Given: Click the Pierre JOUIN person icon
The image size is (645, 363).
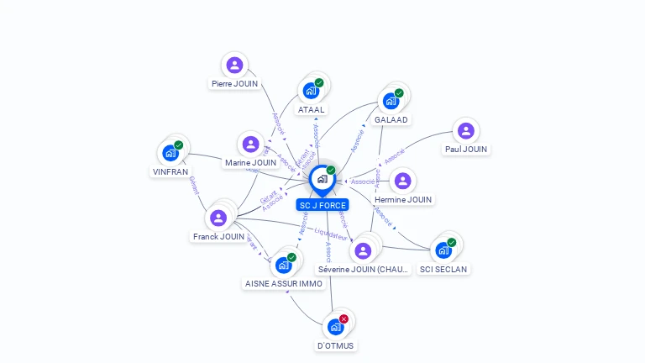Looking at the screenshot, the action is coord(234,65).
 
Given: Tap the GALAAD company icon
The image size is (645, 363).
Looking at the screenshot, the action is coord(391,101).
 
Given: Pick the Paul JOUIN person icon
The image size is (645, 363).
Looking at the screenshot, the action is coord(465,130).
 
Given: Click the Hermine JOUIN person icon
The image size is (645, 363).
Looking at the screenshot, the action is coord(403,181).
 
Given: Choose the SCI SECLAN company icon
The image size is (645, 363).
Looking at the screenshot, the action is coord(443,250).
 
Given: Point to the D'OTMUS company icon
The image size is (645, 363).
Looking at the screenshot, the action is coord(336,327).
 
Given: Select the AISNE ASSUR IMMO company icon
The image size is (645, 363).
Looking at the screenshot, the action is coord(283,265).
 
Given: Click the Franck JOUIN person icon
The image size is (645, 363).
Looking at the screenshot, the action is coord(218,218).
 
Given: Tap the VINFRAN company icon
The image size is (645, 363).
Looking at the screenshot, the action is coord(170,153).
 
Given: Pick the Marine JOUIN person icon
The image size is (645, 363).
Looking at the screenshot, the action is coord(250,144).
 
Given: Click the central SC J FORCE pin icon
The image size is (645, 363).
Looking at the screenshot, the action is coord(322,179).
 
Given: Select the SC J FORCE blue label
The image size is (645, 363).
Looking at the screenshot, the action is coord(322,205).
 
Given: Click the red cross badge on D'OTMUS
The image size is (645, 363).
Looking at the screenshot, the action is coord(343,319).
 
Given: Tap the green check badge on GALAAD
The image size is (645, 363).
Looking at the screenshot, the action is coord(399,93).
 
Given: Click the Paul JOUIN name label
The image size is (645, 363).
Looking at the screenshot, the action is coord(466,150).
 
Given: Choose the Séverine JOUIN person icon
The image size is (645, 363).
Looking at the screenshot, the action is coord(363,250).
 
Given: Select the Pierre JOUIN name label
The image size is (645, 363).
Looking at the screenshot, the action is coord(235,84).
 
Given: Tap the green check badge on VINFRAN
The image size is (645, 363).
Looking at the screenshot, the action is coord(178,145).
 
